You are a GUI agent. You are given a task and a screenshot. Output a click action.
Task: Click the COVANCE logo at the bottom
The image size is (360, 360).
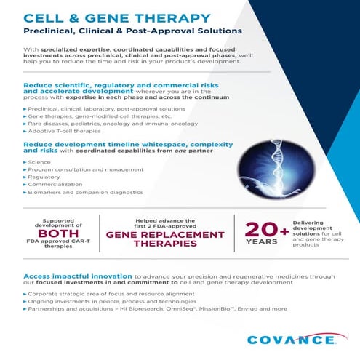coord(291,339)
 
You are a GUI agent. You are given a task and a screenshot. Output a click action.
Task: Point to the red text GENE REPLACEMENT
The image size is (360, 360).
coord(166,235)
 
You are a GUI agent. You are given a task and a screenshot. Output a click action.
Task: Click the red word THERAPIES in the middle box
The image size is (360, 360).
coord(166,244)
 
